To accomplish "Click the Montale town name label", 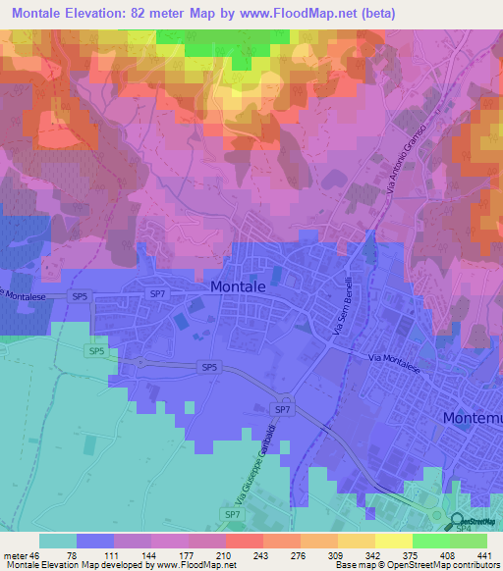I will tap(238, 285).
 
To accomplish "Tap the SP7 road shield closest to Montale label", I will tap(157, 293).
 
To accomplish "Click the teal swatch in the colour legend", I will tap(57, 541).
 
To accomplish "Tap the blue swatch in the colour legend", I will tap(94, 541).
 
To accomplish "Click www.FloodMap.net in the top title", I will tap(326, 13).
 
